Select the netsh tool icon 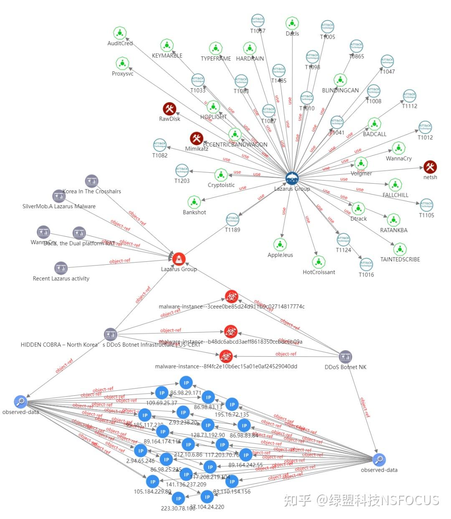click(x=430, y=167)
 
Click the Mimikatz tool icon click(x=196, y=138)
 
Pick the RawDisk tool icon click(x=170, y=109)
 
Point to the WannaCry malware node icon click(x=399, y=148)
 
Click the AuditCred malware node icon click(x=120, y=33)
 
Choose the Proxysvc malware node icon click(x=122, y=64)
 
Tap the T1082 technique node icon click(x=160, y=145)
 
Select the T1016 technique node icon click(x=366, y=264)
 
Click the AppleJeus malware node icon click(x=280, y=245)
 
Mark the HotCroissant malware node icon click(x=319, y=262)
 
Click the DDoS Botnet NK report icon click(x=345, y=357)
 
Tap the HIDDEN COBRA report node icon click(x=110, y=334)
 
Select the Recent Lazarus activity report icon click(x=61, y=268)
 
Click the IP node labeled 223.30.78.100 click(x=178, y=499)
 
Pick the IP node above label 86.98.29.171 click(x=186, y=383)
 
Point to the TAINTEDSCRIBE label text click(x=400, y=259)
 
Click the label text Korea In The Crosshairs click(x=92, y=192)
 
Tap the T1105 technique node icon click(x=426, y=205)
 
